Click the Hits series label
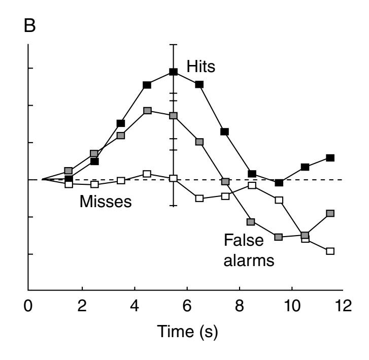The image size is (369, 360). (x=200, y=67)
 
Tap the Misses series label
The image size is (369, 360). (x=105, y=202)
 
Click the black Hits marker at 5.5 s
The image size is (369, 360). (x=174, y=72)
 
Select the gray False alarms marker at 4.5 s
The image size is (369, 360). (x=147, y=110)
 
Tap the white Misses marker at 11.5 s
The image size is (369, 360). (x=330, y=251)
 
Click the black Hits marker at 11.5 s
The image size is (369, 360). (x=330, y=158)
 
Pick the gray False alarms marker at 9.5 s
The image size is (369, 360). (x=278, y=237)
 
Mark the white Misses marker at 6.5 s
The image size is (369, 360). (x=199, y=198)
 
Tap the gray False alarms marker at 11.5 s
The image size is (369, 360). (x=330, y=213)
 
